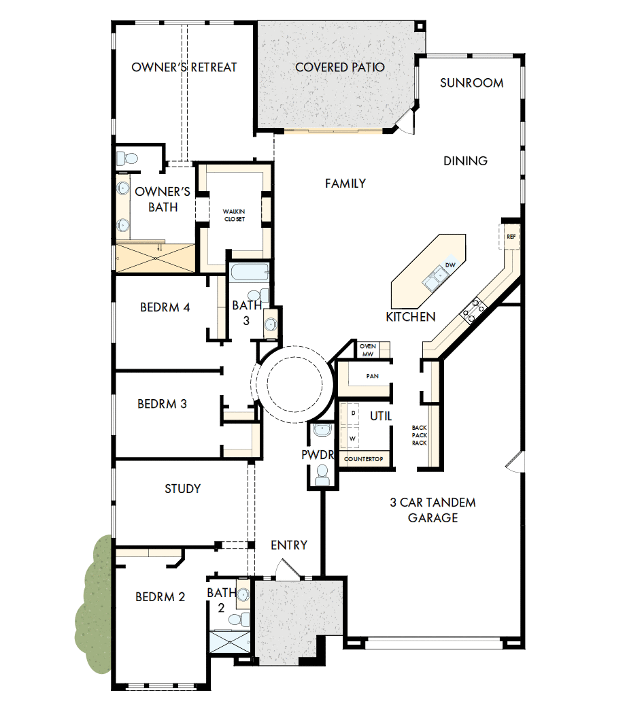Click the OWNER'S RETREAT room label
click(x=184, y=67)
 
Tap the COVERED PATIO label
click(x=339, y=67)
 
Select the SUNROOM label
click(x=471, y=83)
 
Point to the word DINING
click(x=465, y=161)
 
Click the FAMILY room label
click(x=345, y=184)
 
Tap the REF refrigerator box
click(x=511, y=236)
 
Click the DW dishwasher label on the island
click(x=450, y=265)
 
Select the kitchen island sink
click(x=433, y=278)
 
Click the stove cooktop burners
click(x=474, y=310)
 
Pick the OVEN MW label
click(x=368, y=350)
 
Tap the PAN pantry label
click(x=372, y=376)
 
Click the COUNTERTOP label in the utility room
click(x=364, y=459)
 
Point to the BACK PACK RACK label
click(x=419, y=435)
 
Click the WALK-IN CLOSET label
click(x=233, y=216)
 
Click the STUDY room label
click(x=182, y=489)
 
